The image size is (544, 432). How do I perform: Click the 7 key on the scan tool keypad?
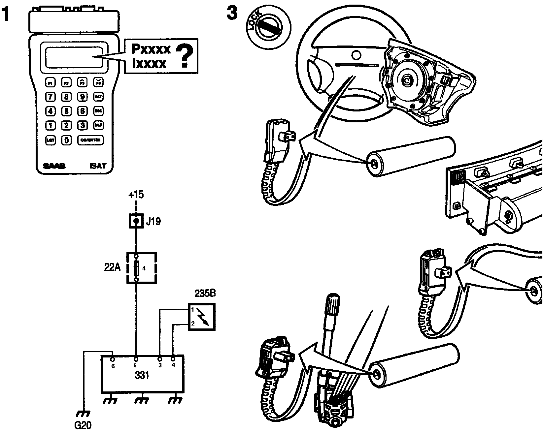point(51,97)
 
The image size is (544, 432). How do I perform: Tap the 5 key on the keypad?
point(67,111)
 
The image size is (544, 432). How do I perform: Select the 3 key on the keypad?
point(83,125)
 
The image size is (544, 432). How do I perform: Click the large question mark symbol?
point(185,56)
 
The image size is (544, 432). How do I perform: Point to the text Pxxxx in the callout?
point(151,49)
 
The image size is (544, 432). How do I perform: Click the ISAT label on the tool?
point(98,166)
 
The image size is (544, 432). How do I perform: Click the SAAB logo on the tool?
point(54,166)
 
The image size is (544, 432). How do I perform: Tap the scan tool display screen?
point(75,57)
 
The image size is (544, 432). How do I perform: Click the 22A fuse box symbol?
point(141,268)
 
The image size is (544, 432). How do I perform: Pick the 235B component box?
point(202,317)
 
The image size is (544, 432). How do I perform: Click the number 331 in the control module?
point(142,375)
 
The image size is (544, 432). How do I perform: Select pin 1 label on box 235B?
point(192,310)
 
